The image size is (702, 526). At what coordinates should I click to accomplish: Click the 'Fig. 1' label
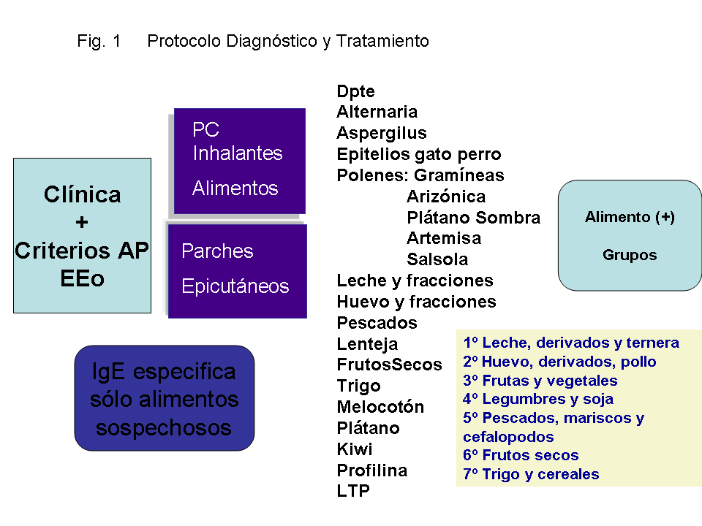pyautogui.click(x=99, y=41)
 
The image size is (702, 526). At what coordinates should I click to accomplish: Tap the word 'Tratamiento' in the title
pyautogui.click(x=382, y=41)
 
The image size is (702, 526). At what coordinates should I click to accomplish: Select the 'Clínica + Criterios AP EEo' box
pyautogui.click(x=83, y=236)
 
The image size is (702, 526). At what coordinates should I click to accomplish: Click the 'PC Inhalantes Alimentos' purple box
pyautogui.click(x=240, y=161)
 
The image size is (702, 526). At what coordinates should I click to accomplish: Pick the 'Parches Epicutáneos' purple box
pyautogui.click(x=237, y=271)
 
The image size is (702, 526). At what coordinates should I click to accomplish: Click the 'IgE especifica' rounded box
pyautogui.click(x=165, y=398)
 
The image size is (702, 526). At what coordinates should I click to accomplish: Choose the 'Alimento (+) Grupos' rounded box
pyautogui.click(x=630, y=236)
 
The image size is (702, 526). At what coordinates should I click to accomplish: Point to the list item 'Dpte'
pyautogui.click(x=355, y=91)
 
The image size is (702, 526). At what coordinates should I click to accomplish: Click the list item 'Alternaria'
pyautogui.click(x=377, y=112)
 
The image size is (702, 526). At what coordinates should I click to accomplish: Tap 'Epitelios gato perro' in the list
pyautogui.click(x=418, y=154)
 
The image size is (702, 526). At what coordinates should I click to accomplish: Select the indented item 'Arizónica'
pyautogui.click(x=446, y=197)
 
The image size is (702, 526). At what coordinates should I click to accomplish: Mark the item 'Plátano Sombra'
pyautogui.click(x=473, y=218)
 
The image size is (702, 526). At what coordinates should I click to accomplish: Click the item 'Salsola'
pyautogui.click(x=437, y=259)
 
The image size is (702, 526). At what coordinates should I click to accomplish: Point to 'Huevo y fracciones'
pyautogui.click(x=416, y=302)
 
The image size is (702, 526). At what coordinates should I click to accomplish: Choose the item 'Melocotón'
pyautogui.click(x=380, y=407)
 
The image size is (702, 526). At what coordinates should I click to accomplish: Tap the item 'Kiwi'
pyautogui.click(x=354, y=449)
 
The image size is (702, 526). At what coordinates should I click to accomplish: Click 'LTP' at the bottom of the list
pyautogui.click(x=353, y=491)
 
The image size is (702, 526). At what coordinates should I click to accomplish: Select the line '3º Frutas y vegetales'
pyautogui.click(x=540, y=381)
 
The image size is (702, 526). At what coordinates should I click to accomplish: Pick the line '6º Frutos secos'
pyautogui.click(x=521, y=455)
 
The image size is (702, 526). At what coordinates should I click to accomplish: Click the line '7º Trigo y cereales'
pyautogui.click(x=531, y=474)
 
